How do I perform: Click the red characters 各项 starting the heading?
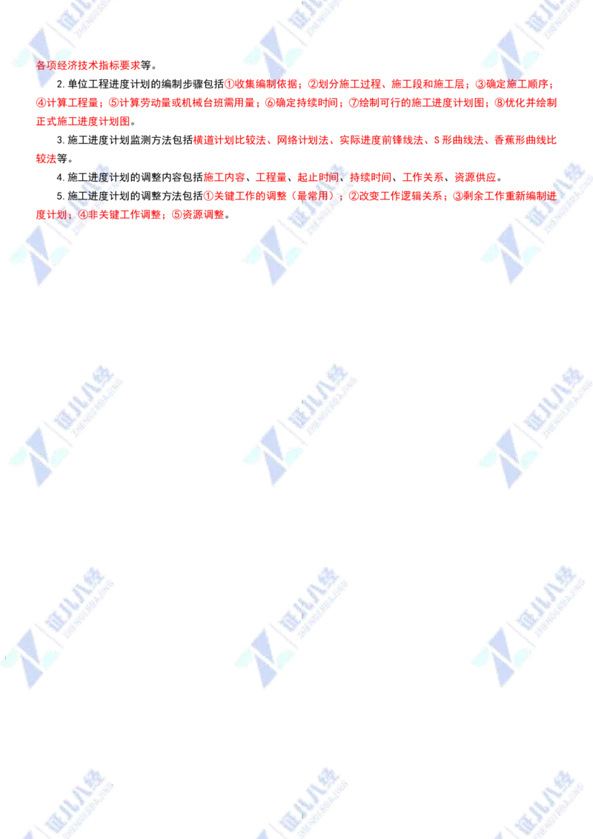pyautogui.click(x=44, y=65)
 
